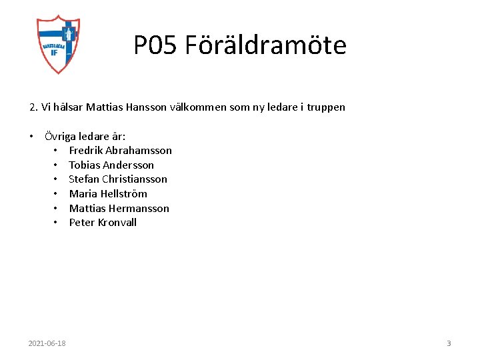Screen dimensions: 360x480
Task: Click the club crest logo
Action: tap(58, 44)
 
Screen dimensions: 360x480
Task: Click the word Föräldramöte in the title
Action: tap(265, 45)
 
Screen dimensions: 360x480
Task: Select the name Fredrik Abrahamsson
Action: tap(120, 151)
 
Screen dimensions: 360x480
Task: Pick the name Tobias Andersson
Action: tap(111, 165)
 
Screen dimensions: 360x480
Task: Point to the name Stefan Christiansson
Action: tap(118, 179)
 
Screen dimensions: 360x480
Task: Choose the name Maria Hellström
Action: tap(108, 194)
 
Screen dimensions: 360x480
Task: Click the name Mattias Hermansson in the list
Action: tap(119, 208)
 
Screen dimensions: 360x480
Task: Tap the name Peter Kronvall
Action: tap(103, 223)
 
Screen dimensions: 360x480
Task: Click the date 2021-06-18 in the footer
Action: tap(47, 343)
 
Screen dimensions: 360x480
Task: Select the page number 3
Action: tap(449, 343)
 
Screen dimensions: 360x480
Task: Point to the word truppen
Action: tap(326, 107)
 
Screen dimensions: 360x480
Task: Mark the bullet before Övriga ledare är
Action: tap(31, 136)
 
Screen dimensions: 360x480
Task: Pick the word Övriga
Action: tap(61, 137)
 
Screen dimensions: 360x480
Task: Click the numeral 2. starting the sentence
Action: tap(33, 107)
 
